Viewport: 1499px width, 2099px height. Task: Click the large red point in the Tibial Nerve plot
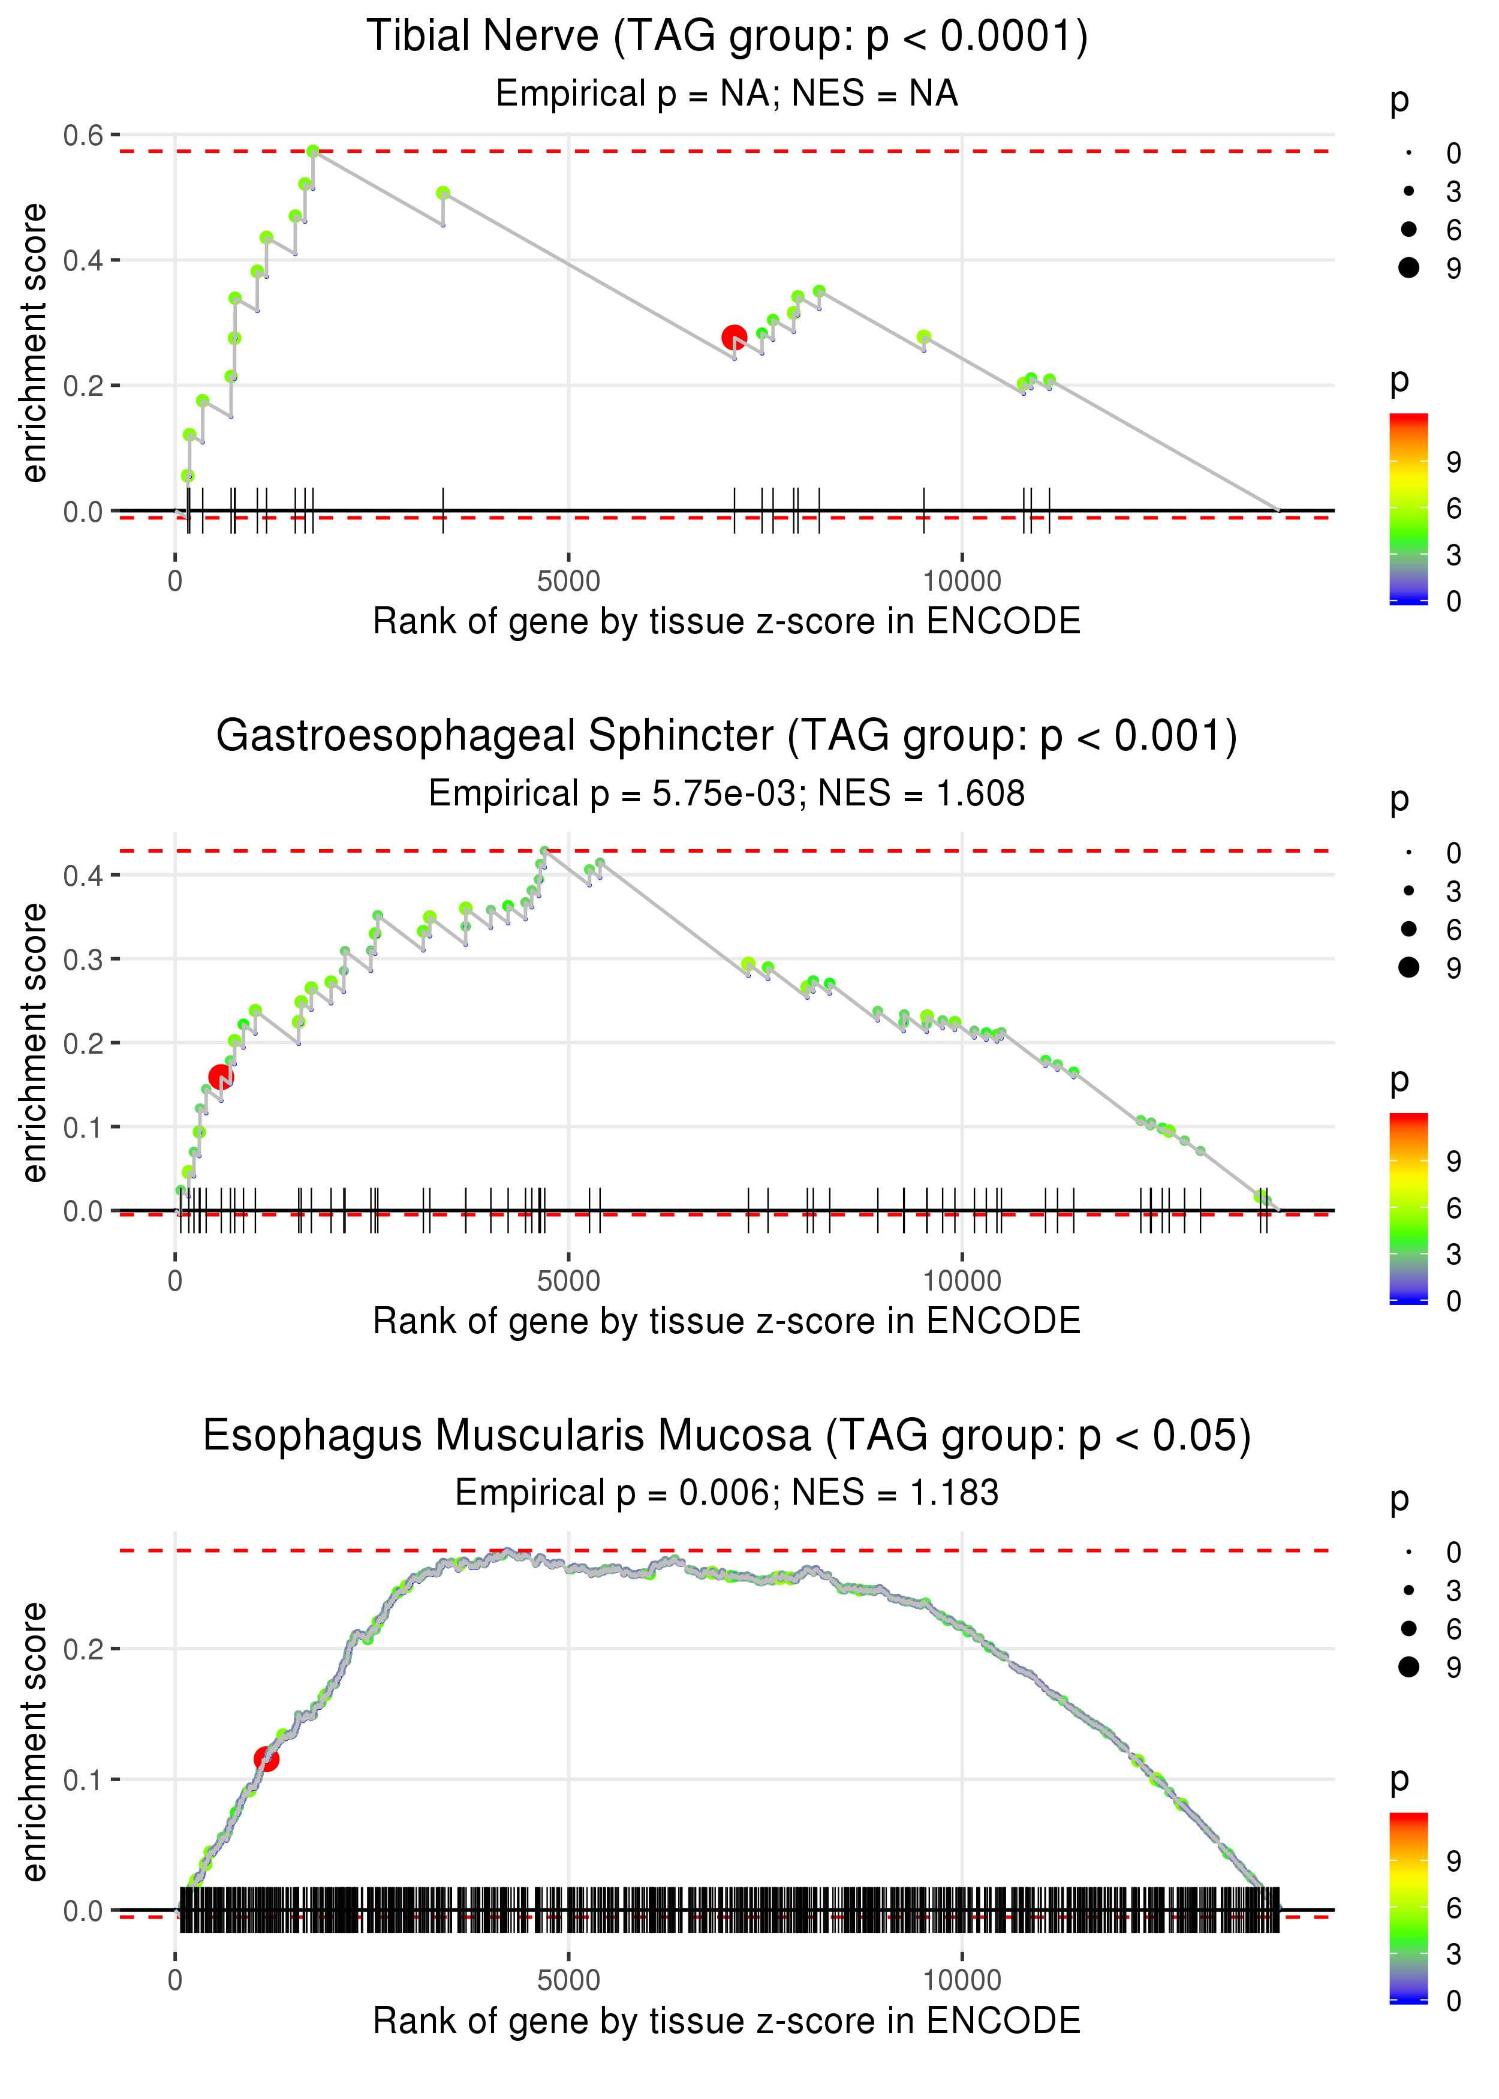pos(734,338)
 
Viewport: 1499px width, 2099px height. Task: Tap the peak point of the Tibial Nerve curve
pos(313,151)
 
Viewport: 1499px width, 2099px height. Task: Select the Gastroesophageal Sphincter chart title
pos(727,736)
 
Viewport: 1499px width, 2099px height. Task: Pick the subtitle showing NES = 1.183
pos(727,1493)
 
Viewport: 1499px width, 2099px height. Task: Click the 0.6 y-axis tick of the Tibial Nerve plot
pos(83,136)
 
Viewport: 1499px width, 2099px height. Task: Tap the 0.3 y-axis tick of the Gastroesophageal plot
pos(83,959)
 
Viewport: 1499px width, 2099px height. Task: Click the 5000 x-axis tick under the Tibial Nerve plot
pos(568,582)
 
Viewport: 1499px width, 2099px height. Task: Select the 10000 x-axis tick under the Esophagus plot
pos(962,1981)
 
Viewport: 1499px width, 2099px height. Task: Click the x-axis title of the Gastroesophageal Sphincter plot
pos(727,1322)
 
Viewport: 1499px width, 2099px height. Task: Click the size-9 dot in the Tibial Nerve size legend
pos(1408,267)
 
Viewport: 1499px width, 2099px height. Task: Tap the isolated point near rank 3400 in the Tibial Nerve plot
pos(443,194)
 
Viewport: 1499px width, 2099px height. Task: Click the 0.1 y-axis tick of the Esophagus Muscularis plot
pos(83,1779)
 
